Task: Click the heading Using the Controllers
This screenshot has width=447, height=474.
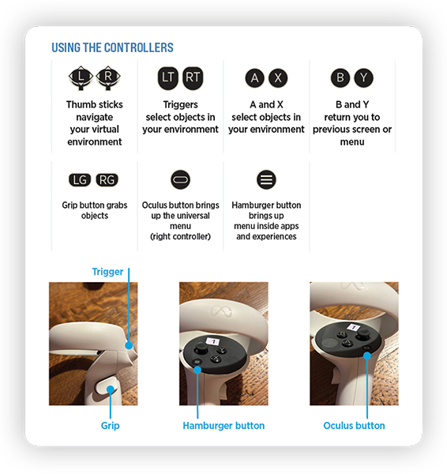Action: (x=112, y=47)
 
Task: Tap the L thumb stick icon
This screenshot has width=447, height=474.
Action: (x=81, y=77)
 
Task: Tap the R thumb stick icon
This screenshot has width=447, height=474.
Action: (x=107, y=77)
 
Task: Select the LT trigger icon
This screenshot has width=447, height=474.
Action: (x=168, y=77)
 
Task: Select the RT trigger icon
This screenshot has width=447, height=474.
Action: (x=193, y=77)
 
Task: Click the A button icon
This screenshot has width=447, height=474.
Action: (x=254, y=77)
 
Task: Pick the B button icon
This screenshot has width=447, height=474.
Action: (x=340, y=77)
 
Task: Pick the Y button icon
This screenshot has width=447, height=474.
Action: (x=364, y=77)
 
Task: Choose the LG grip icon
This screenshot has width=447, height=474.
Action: (x=80, y=179)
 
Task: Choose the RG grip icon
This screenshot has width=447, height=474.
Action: (x=107, y=179)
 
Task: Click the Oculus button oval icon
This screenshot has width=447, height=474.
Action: (x=180, y=179)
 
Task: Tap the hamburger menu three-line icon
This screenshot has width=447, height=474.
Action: (x=267, y=179)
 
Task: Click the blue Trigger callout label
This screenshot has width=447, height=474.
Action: (x=107, y=272)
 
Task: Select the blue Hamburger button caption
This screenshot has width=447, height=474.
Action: (x=223, y=426)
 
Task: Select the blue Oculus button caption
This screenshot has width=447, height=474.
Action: (x=354, y=426)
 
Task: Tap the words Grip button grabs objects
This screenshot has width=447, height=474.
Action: (x=94, y=210)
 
